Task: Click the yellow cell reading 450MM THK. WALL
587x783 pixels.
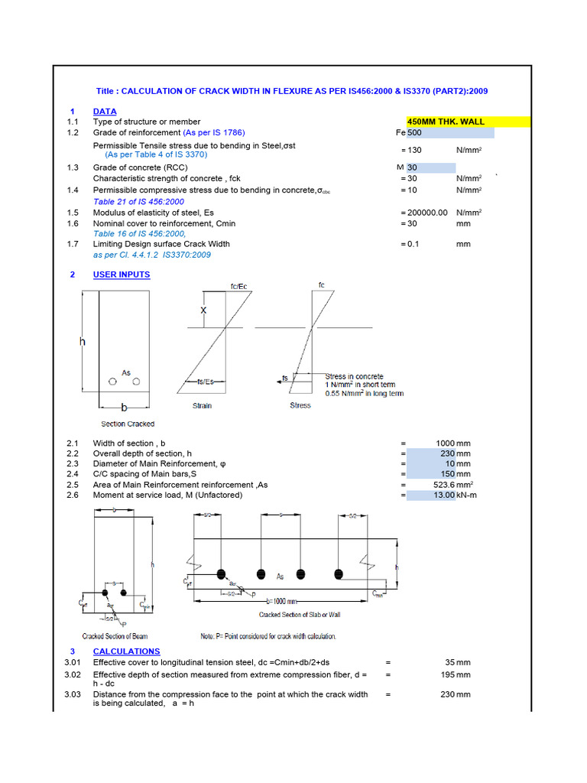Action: [x=450, y=122]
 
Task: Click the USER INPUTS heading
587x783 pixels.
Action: [x=122, y=275]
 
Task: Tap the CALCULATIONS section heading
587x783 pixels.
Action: [x=126, y=651]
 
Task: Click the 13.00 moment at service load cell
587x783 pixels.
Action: [x=442, y=495]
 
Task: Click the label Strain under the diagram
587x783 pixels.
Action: [x=202, y=405]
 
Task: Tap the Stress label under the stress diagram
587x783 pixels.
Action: [x=300, y=405]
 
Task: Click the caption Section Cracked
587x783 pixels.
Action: [x=128, y=424]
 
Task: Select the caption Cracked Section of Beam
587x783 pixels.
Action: [x=115, y=636]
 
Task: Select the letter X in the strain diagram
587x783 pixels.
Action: [x=203, y=310]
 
